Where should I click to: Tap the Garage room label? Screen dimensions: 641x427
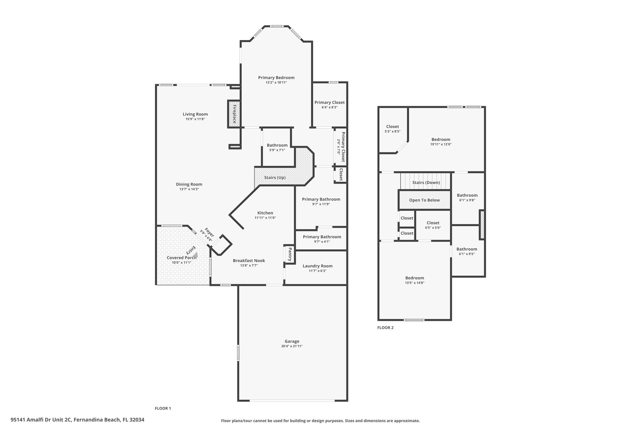click(x=292, y=341)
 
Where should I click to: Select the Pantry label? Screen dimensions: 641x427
click(x=290, y=254)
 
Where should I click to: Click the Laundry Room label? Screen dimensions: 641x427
click(x=317, y=266)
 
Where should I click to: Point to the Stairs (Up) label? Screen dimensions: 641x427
click(x=275, y=177)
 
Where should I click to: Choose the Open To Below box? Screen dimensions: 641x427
click(x=424, y=200)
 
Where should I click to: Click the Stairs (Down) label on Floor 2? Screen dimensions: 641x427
click(x=426, y=182)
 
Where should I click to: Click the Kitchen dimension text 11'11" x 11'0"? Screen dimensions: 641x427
click(x=265, y=218)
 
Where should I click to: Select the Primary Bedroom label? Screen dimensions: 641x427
click(x=276, y=78)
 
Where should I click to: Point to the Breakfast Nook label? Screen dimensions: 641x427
click(x=249, y=261)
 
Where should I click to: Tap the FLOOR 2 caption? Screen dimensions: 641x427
click(x=385, y=328)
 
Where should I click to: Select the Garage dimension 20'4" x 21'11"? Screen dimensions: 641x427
click(x=292, y=346)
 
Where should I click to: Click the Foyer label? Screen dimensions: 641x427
click(x=209, y=233)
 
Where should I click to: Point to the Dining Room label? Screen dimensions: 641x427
click(x=189, y=184)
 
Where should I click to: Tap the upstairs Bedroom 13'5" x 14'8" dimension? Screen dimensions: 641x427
click(x=415, y=283)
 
